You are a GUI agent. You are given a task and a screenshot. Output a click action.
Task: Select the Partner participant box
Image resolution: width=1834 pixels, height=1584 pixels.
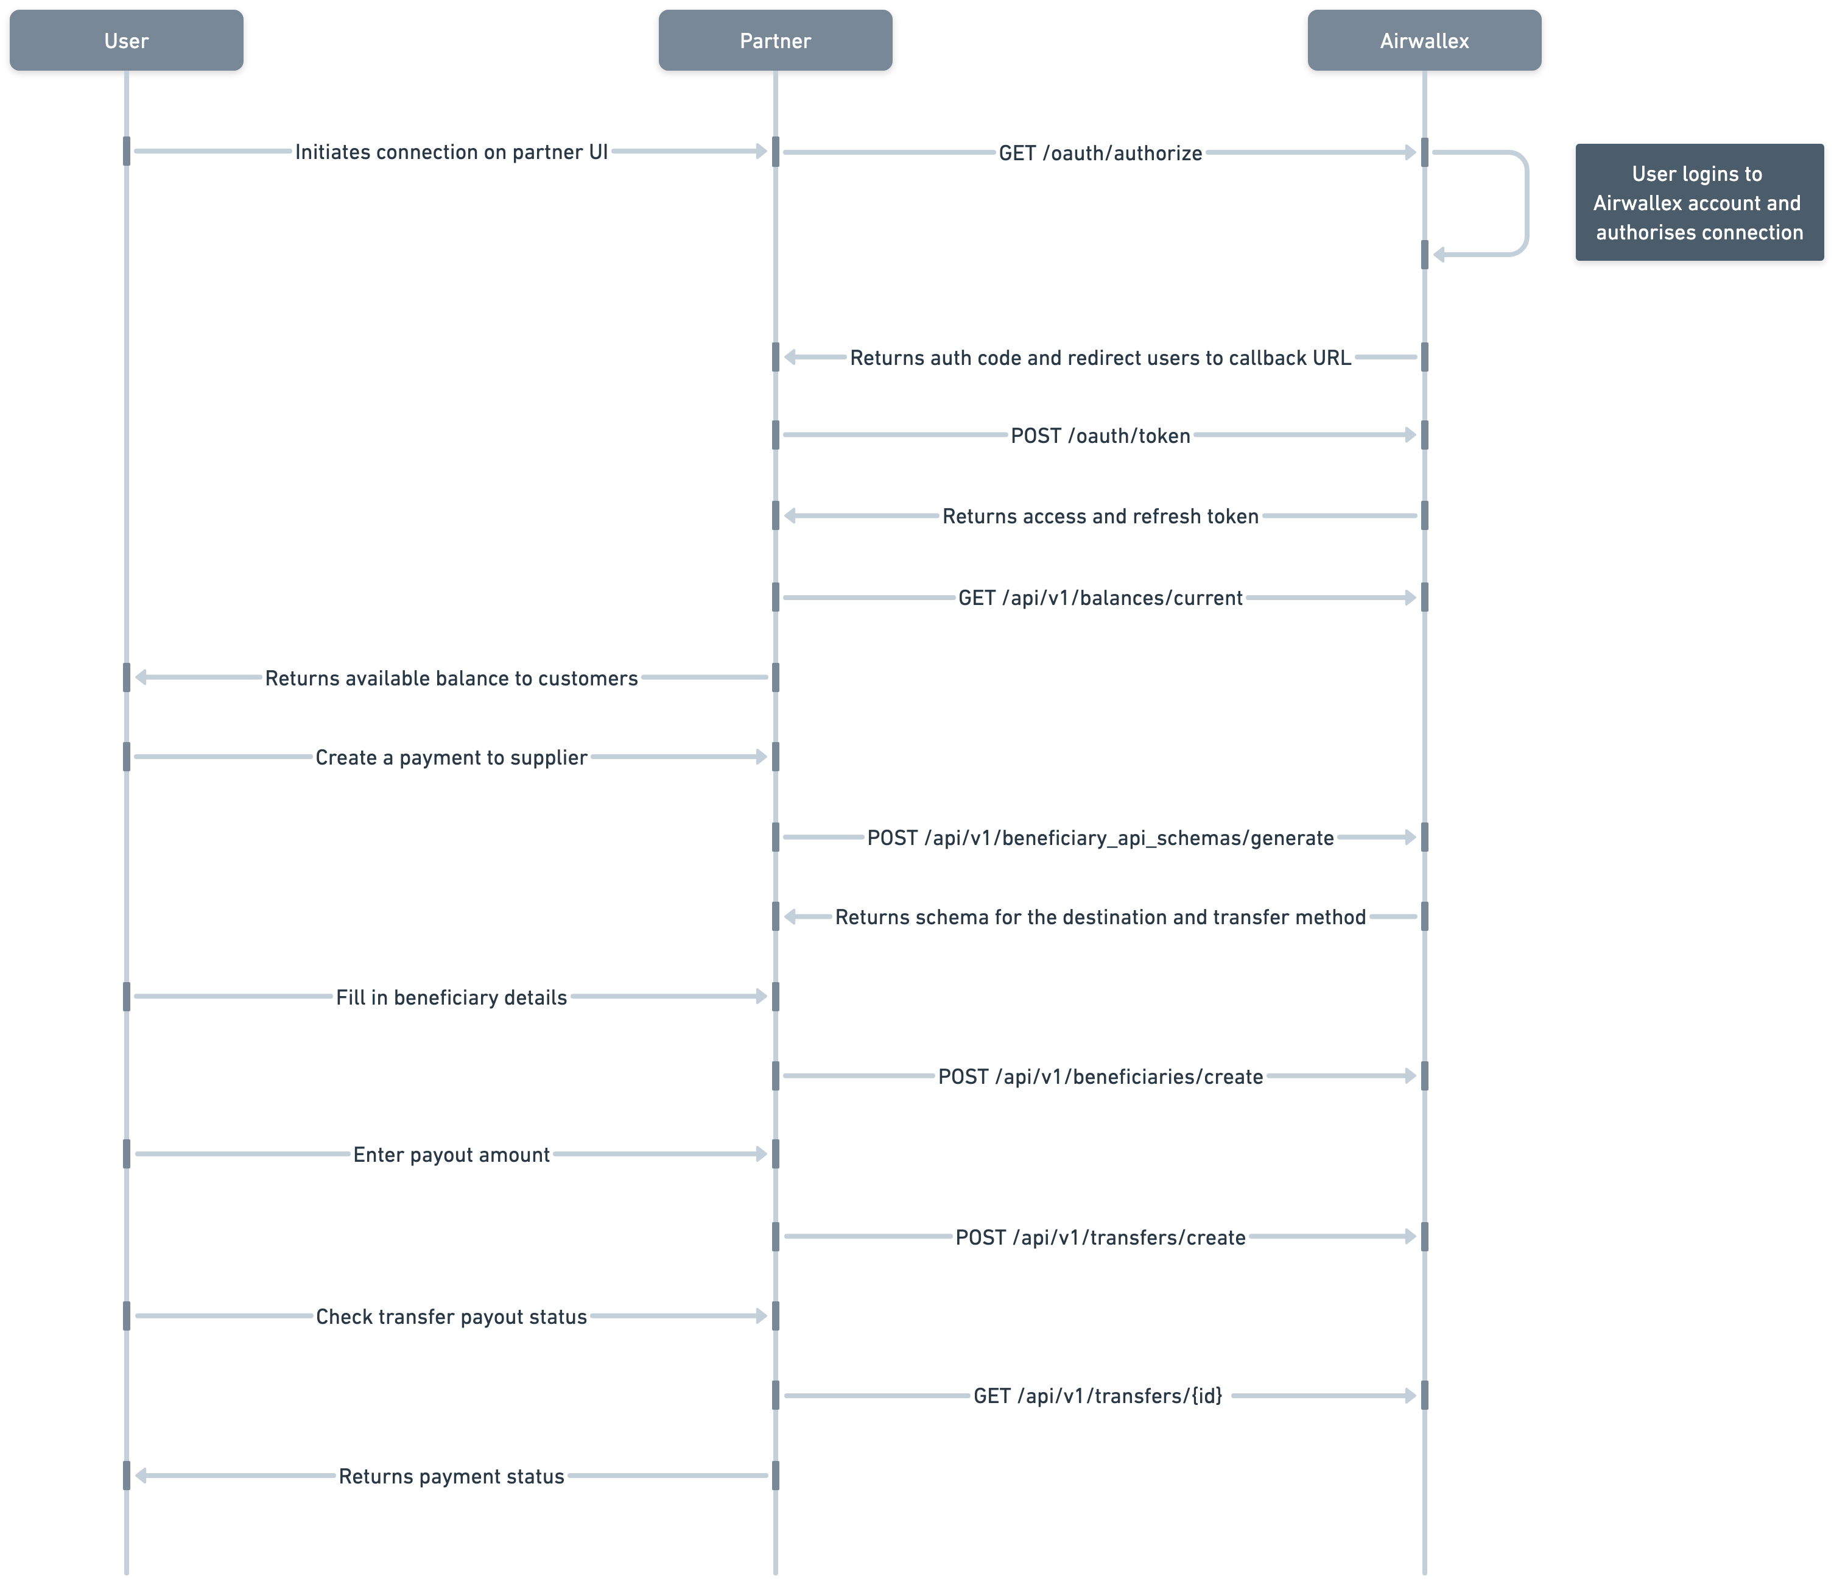tap(775, 41)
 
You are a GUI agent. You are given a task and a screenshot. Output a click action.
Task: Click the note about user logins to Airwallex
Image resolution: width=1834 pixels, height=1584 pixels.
tap(1699, 203)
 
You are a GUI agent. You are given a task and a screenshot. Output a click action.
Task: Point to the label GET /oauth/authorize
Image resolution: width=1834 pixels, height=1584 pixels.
tap(1100, 153)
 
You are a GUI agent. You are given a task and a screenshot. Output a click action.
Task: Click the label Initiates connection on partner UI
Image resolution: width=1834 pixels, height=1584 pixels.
tap(451, 152)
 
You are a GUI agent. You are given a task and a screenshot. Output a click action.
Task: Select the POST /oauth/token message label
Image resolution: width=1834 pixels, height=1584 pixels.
tap(1100, 436)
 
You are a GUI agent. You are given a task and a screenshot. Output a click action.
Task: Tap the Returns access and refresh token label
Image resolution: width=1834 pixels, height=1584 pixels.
tap(1100, 516)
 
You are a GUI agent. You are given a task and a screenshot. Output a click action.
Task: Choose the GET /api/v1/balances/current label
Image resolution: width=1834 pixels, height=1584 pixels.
tap(1100, 598)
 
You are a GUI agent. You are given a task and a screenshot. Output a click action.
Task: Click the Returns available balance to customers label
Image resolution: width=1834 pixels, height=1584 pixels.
tap(451, 678)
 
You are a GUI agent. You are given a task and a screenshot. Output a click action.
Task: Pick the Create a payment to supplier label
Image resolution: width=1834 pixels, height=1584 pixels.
tap(451, 758)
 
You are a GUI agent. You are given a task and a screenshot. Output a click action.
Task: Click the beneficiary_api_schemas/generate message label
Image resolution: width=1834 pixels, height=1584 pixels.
tap(1100, 838)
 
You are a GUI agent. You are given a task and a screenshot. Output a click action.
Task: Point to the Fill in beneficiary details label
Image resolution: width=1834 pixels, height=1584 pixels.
tap(451, 998)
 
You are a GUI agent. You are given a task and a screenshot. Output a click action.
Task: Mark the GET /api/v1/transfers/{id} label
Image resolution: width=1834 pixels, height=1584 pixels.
tap(1098, 1396)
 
